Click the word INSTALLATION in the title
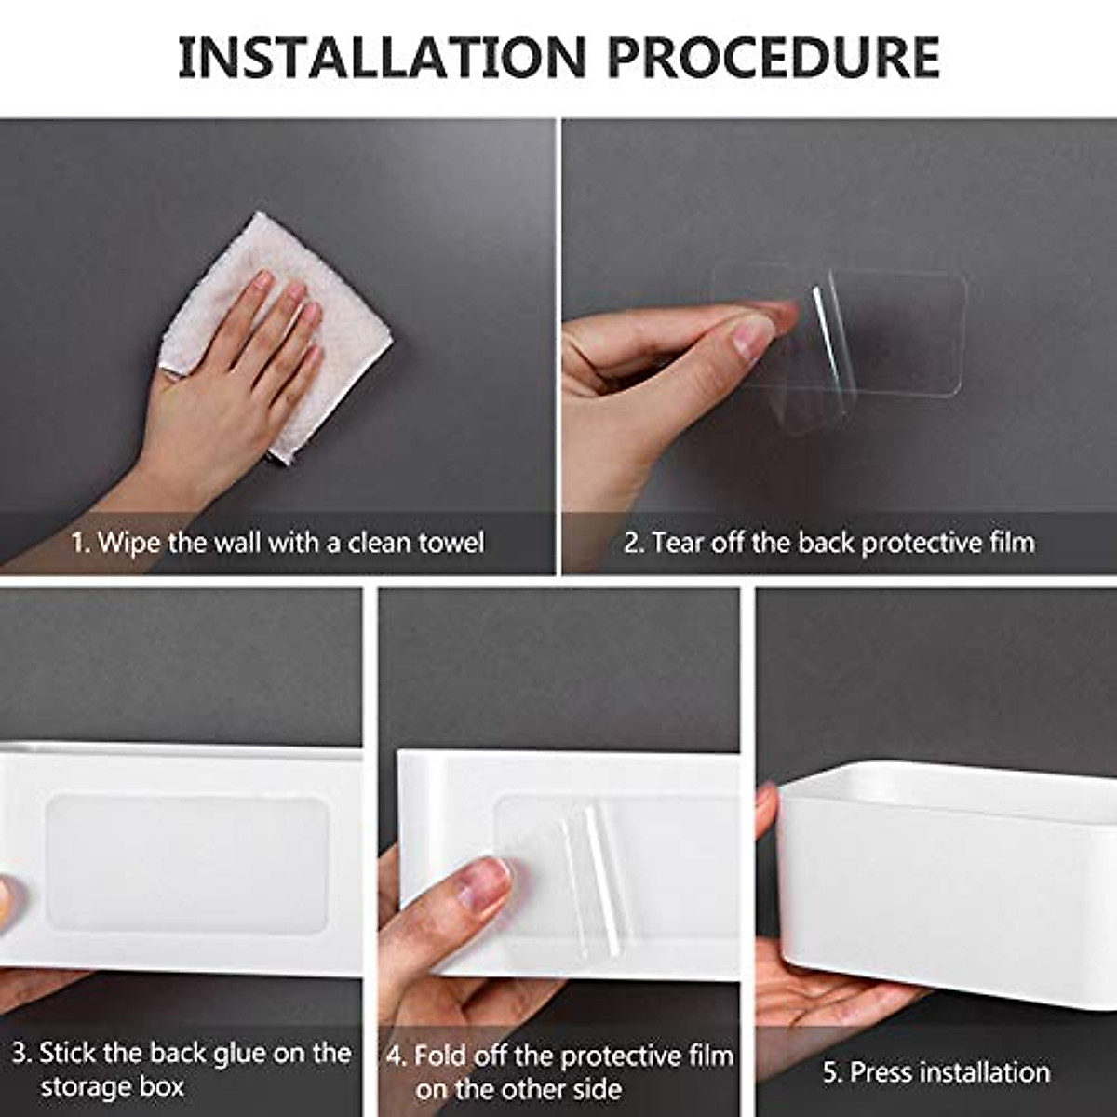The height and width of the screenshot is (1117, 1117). [x=382, y=57]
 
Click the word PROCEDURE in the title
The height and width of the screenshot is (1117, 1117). [x=773, y=57]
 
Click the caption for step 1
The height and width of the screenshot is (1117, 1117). [x=277, y=542]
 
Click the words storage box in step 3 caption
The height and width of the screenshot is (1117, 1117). [x=112, y=1087]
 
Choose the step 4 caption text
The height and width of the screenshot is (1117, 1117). [x=558, y=1071]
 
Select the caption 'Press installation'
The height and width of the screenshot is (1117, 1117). [x=935, y=1072]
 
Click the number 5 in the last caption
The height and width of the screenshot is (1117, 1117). [x=830, y=1072]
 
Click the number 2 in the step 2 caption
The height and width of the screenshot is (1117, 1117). [x=632, y=542]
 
